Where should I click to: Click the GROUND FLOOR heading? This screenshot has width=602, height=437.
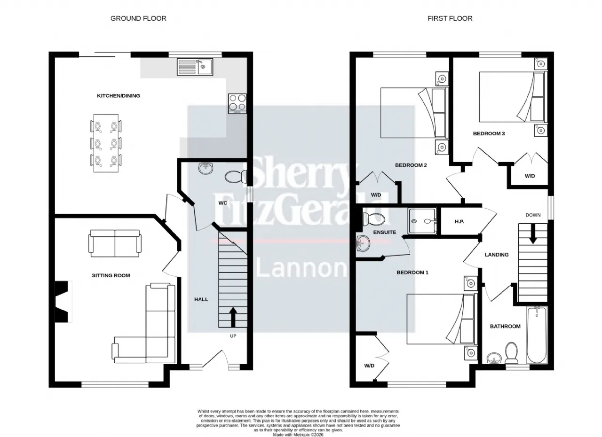pyautogui.click(x=138, y=18)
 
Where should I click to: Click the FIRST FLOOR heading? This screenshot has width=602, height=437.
pyautogui.click(x=450, y=18)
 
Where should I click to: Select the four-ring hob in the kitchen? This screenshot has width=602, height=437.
pyautogui.click(x=238, y=103)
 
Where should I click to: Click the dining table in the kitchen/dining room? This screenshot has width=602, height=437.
pyautogui.click(x=106, y=143)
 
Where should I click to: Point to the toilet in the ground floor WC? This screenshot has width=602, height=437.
pyautogui.click(x=236, y=177)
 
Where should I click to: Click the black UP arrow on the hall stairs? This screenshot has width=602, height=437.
pyautogui.click(x=233, y=317)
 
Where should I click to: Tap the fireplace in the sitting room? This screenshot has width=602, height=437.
pyautogui.click(x=63, y=302)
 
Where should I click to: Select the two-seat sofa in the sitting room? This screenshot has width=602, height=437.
pyautogui.click(x=115, y=243)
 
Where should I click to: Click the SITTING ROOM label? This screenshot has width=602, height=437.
pyautogui.click(x=111, y=275)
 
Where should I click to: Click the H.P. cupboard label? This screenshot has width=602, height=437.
pyautogui.click(x=459, y=221)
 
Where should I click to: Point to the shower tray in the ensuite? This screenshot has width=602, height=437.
pyautogui.click(x=422, y=221)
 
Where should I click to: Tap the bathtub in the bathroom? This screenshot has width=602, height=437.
pyautogui.click(x=537, y=335)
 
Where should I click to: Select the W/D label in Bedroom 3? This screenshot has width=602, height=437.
pyautogui.click(x=530, y=176)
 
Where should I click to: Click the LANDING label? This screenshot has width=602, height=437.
pyautogui.click(x=497, y=255)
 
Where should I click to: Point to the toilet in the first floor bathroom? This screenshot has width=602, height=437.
pyautogui.click(x=511, y=353)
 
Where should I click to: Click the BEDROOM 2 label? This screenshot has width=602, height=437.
pyautogui.click(x=411, y=165)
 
